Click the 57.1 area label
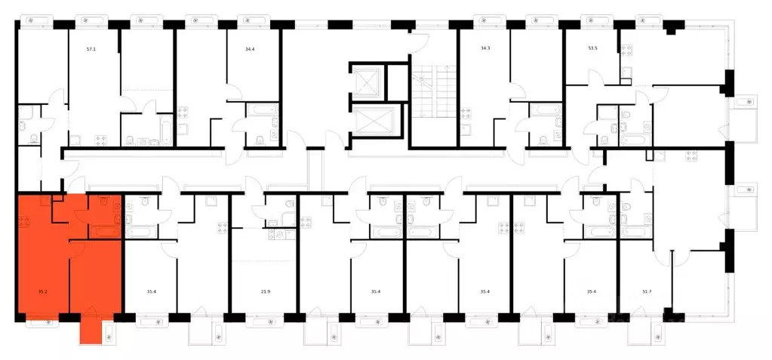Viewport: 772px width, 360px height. click(x=91, y=49)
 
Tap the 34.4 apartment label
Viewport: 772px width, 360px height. click(x=250, y=49)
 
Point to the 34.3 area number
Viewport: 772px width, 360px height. click(x=485, y=49)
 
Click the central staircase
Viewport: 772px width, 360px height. click(x=432, y=91)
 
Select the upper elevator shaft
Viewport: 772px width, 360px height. click(x=366, y=82)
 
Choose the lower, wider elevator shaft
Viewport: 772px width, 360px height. click(x=374, y=122)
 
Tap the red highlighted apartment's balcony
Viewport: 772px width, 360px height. click(x=91, y=328)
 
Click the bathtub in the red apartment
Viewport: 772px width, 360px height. click(x=104, y=231)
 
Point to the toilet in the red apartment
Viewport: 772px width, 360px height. click(x=104, y=201)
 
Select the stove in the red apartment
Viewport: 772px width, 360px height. click(x=23, y=222)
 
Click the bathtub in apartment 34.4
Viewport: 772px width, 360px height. click(x=262, y=109)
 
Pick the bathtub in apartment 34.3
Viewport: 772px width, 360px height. click(x=545, y=109)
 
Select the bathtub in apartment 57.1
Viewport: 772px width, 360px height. click(x=165, y=130)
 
